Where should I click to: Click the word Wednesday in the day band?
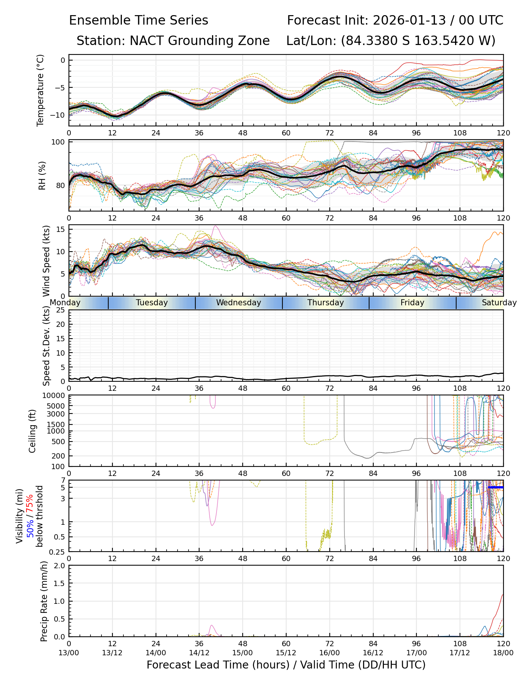(238, 303)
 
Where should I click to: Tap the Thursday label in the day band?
(326, 303)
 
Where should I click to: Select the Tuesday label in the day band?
(152, 303)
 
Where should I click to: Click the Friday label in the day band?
(412, 303)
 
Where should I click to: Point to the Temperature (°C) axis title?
(41, 90)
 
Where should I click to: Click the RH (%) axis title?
(42, 176)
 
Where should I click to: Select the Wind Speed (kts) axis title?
(46, 261)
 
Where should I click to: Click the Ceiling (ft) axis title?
(33, 431)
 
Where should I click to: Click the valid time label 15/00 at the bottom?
(243, 653)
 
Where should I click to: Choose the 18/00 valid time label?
(503, 653)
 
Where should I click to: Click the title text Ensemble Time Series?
(139, 20)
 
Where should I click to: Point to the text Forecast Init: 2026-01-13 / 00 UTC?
(395, 20)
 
